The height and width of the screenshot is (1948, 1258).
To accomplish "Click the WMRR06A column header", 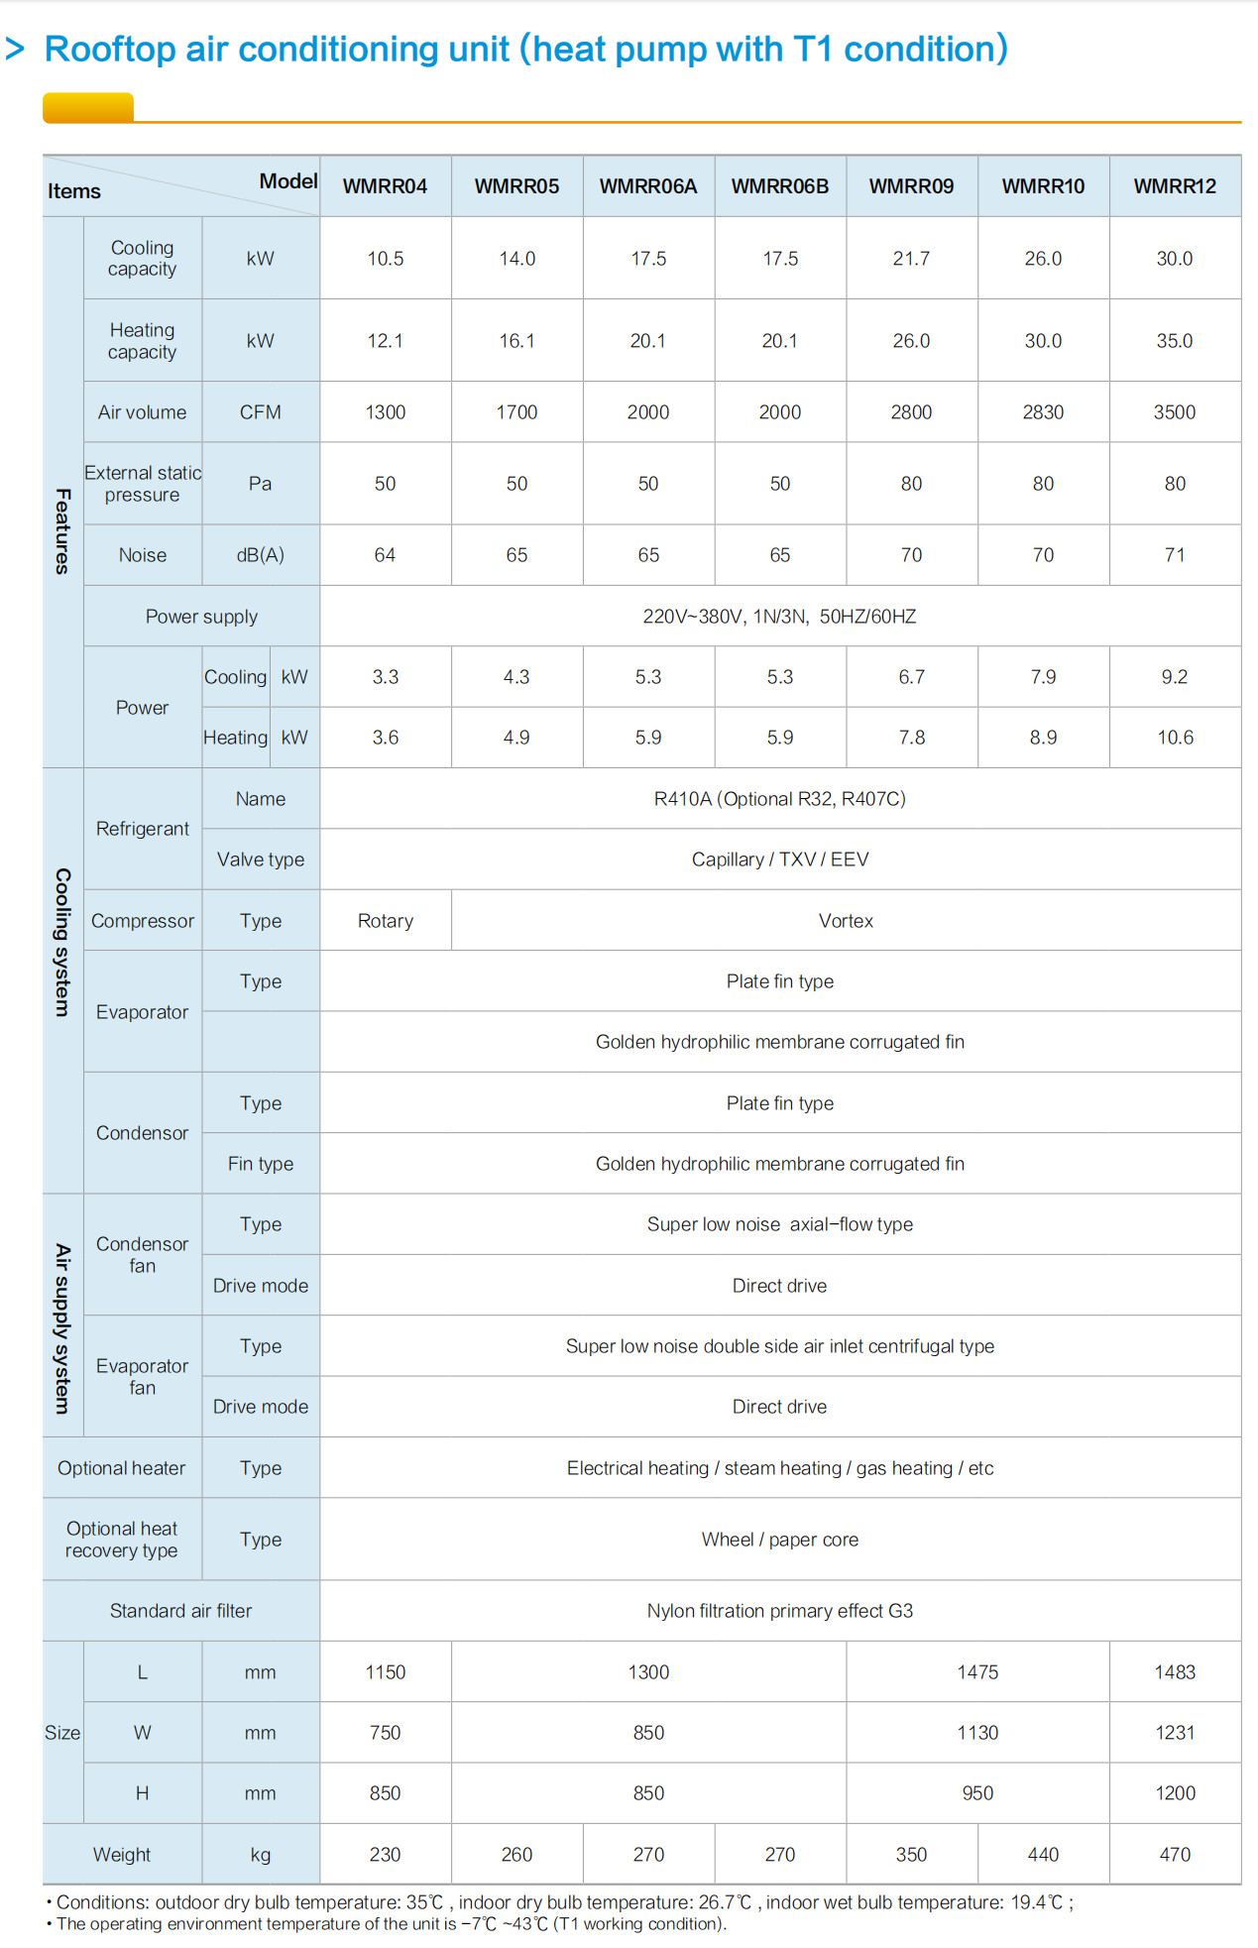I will (x=648, y=186).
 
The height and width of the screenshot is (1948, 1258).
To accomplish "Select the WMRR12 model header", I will (x=1175, y=186).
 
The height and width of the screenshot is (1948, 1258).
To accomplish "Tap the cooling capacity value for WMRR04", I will (x=385, y=259).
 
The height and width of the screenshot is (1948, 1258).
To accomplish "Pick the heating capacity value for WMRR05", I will (x=516, y=341).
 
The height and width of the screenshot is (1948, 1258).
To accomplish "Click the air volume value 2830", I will (x=1043, y=412).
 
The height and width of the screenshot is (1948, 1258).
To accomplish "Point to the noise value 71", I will (x=1175, y=555).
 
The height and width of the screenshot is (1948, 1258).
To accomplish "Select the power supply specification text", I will (x=779, y=617).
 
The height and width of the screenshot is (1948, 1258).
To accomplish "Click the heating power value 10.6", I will (x=1175, y=738).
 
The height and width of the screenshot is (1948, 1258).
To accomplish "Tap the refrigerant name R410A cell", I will (x=779, y=799).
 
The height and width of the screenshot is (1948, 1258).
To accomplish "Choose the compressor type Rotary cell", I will (x=385, y=921).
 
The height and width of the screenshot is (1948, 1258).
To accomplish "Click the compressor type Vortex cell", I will (x=846, y=921).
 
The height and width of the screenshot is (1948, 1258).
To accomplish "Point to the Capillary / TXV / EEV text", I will (x=779, y=859).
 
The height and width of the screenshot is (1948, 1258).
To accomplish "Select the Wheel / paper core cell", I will (x=779, y=1540).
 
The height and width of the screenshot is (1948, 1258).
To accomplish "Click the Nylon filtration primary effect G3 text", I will (x=779, y=1611).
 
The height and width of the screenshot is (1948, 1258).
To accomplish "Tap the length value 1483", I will (x=1175, y=1672).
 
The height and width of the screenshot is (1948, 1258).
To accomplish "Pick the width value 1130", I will (x=977, y=1733).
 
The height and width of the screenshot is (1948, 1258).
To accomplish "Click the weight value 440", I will (x=1043, y=1855).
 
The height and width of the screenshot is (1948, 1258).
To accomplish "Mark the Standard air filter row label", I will (x=180, y=1611).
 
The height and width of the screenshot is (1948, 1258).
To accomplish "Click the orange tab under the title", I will (x=88, y=107).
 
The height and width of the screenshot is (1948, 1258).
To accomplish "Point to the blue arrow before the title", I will (x=15, y=49).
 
